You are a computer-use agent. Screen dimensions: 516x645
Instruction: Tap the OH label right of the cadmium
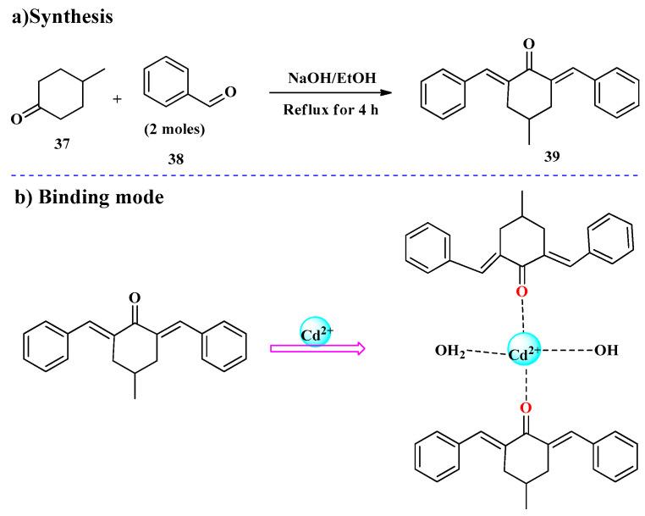[x=606, y=350]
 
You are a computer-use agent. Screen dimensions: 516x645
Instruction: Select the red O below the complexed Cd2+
[x=525, y=410]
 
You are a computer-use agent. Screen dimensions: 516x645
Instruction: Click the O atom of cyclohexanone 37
[x=15, y=119]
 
